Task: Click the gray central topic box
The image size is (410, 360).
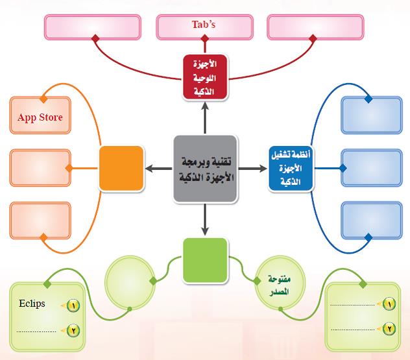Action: point(205,168)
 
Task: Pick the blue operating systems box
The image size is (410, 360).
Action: point(291,168)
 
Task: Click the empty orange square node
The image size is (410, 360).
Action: point(121,168)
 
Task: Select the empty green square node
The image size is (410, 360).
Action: point(205,259)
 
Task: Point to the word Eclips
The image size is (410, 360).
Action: point(32,304)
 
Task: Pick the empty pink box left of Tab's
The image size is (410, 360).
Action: point(93,27)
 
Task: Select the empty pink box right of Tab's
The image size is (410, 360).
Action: point(316,27)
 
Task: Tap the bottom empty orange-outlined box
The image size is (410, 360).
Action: point(40,219)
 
